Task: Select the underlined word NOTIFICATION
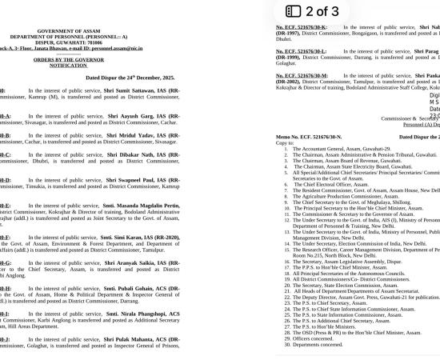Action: point(68,65)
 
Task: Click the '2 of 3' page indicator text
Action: point(322,11)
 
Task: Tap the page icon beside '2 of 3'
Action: point(294,11)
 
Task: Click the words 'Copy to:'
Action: point(286,142)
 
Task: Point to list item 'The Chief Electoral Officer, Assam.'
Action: point(329,185)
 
